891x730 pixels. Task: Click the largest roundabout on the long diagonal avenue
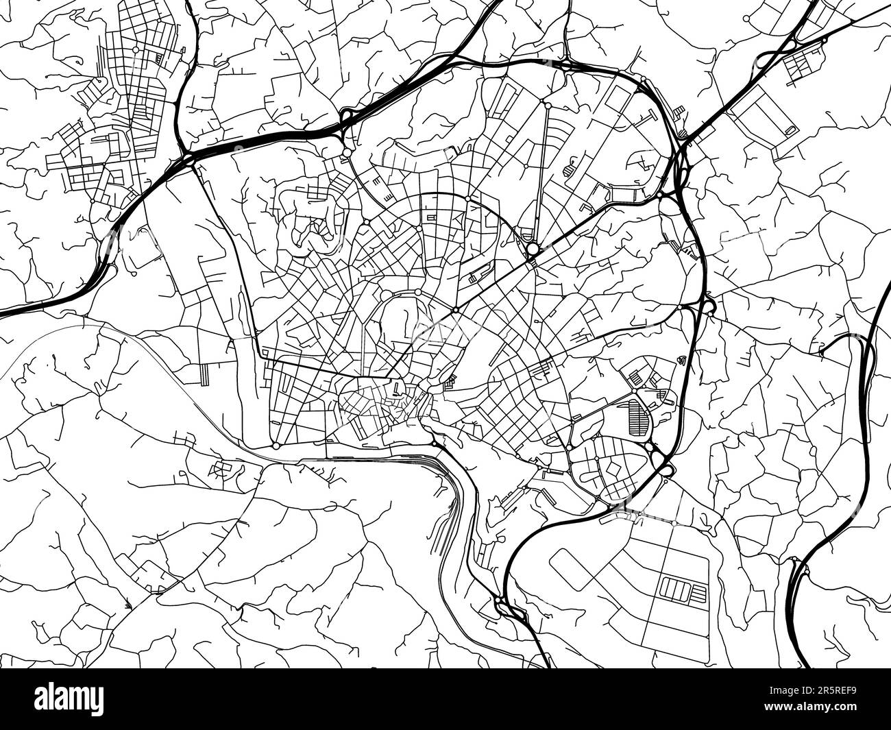pos(532,248)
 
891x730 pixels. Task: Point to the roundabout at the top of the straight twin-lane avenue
pos(547,104)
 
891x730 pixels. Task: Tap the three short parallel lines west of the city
pos(206,373)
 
